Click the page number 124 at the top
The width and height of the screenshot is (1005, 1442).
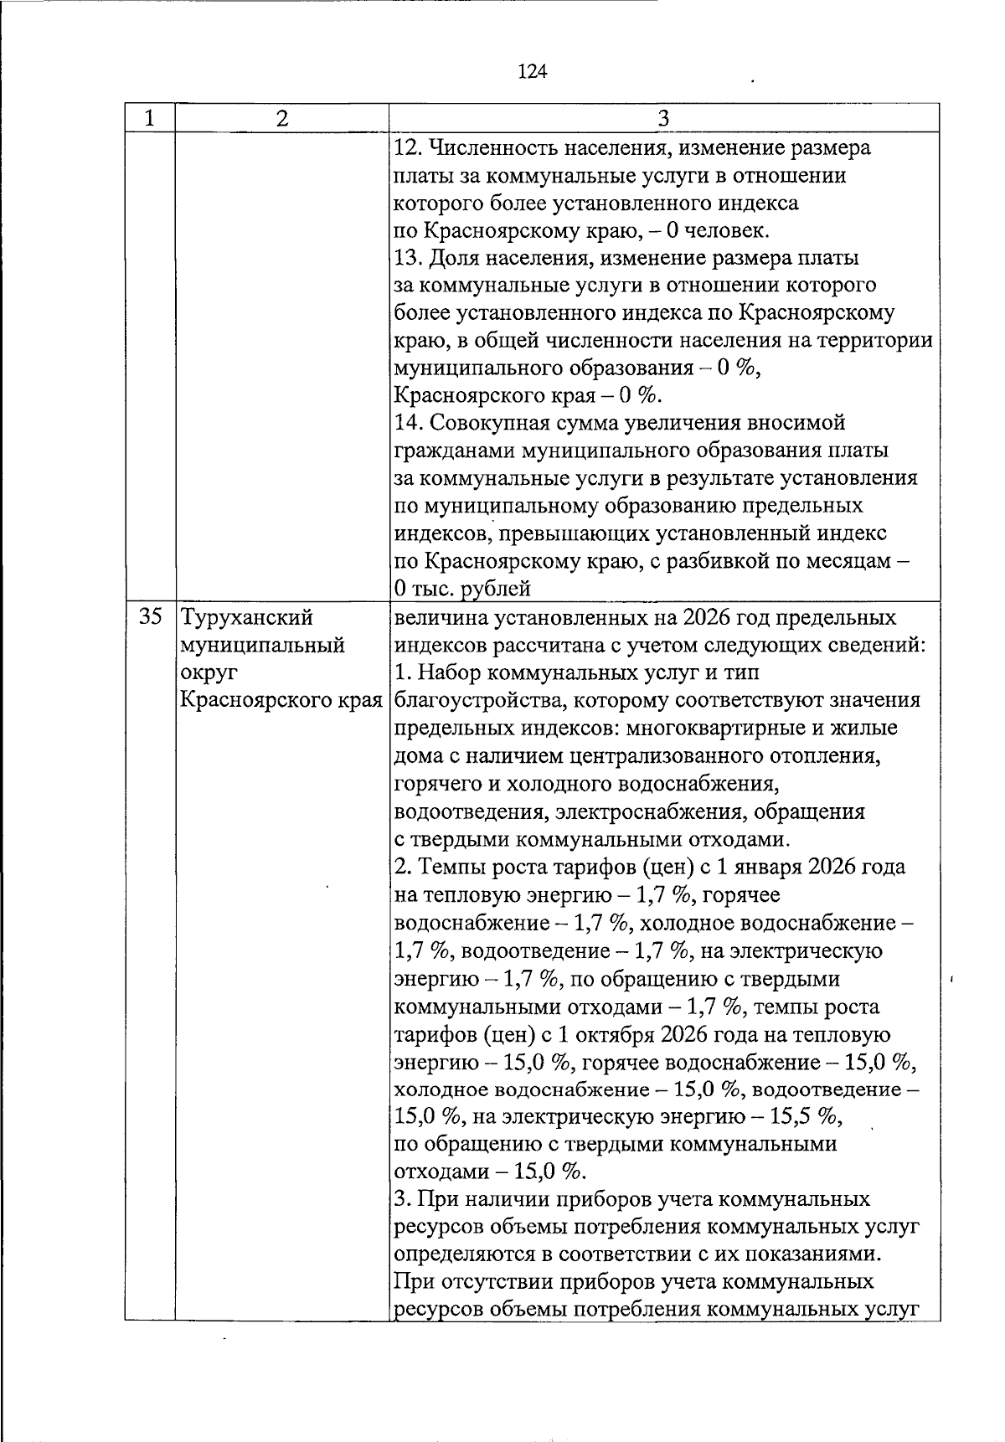(x=533, y=72)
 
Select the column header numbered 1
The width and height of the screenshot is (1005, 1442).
(x=149, y=119)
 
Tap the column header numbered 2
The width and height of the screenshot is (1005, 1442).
(x=281, y=119)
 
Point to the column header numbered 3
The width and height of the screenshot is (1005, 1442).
(x=663, y=119)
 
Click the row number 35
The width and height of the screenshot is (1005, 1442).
(x=150, y=618)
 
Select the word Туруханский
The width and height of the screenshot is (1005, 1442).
(x=247, y=618)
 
